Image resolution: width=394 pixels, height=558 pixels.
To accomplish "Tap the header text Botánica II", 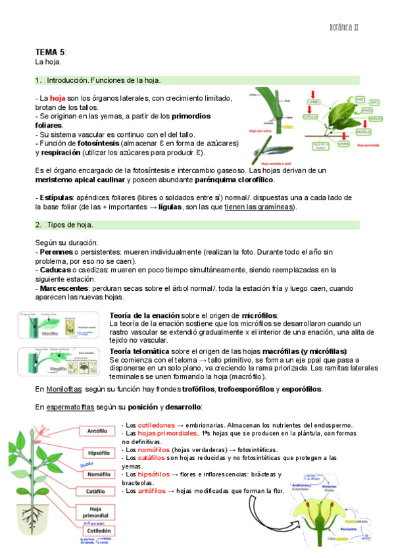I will coord(352,28).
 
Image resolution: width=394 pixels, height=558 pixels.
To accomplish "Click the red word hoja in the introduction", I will coord(59,98).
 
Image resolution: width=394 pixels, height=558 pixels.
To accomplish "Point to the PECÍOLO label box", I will coord(363,132).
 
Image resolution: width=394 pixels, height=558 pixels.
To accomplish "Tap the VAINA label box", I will coord(343,141).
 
